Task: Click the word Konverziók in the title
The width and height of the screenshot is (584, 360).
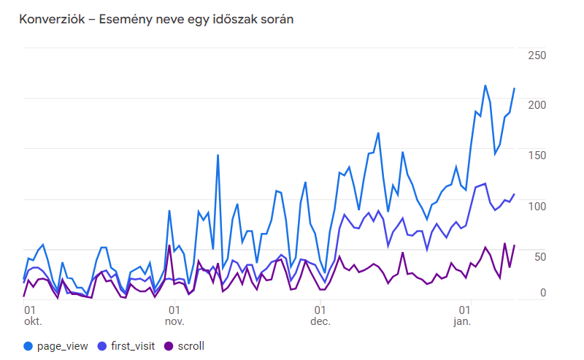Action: (49, 20)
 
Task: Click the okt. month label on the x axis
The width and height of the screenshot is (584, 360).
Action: (34, 321)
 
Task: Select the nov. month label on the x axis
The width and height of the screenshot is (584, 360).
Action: (174, 321)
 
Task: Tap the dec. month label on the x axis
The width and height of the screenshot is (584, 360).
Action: (320, 321)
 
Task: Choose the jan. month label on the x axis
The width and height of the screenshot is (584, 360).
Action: (462, 321)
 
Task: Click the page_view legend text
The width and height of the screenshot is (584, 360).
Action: (62, 346)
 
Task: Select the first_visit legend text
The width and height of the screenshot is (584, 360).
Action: (131, 346)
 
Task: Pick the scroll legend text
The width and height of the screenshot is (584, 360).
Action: (191, 346)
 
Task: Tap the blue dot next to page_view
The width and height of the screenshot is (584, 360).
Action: (28, 346)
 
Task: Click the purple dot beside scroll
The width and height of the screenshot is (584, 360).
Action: (169, 346)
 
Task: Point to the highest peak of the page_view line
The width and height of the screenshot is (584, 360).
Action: (485, 85)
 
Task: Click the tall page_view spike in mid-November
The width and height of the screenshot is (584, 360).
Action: (218, 155)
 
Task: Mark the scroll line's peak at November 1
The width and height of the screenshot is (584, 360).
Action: (169, 245)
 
